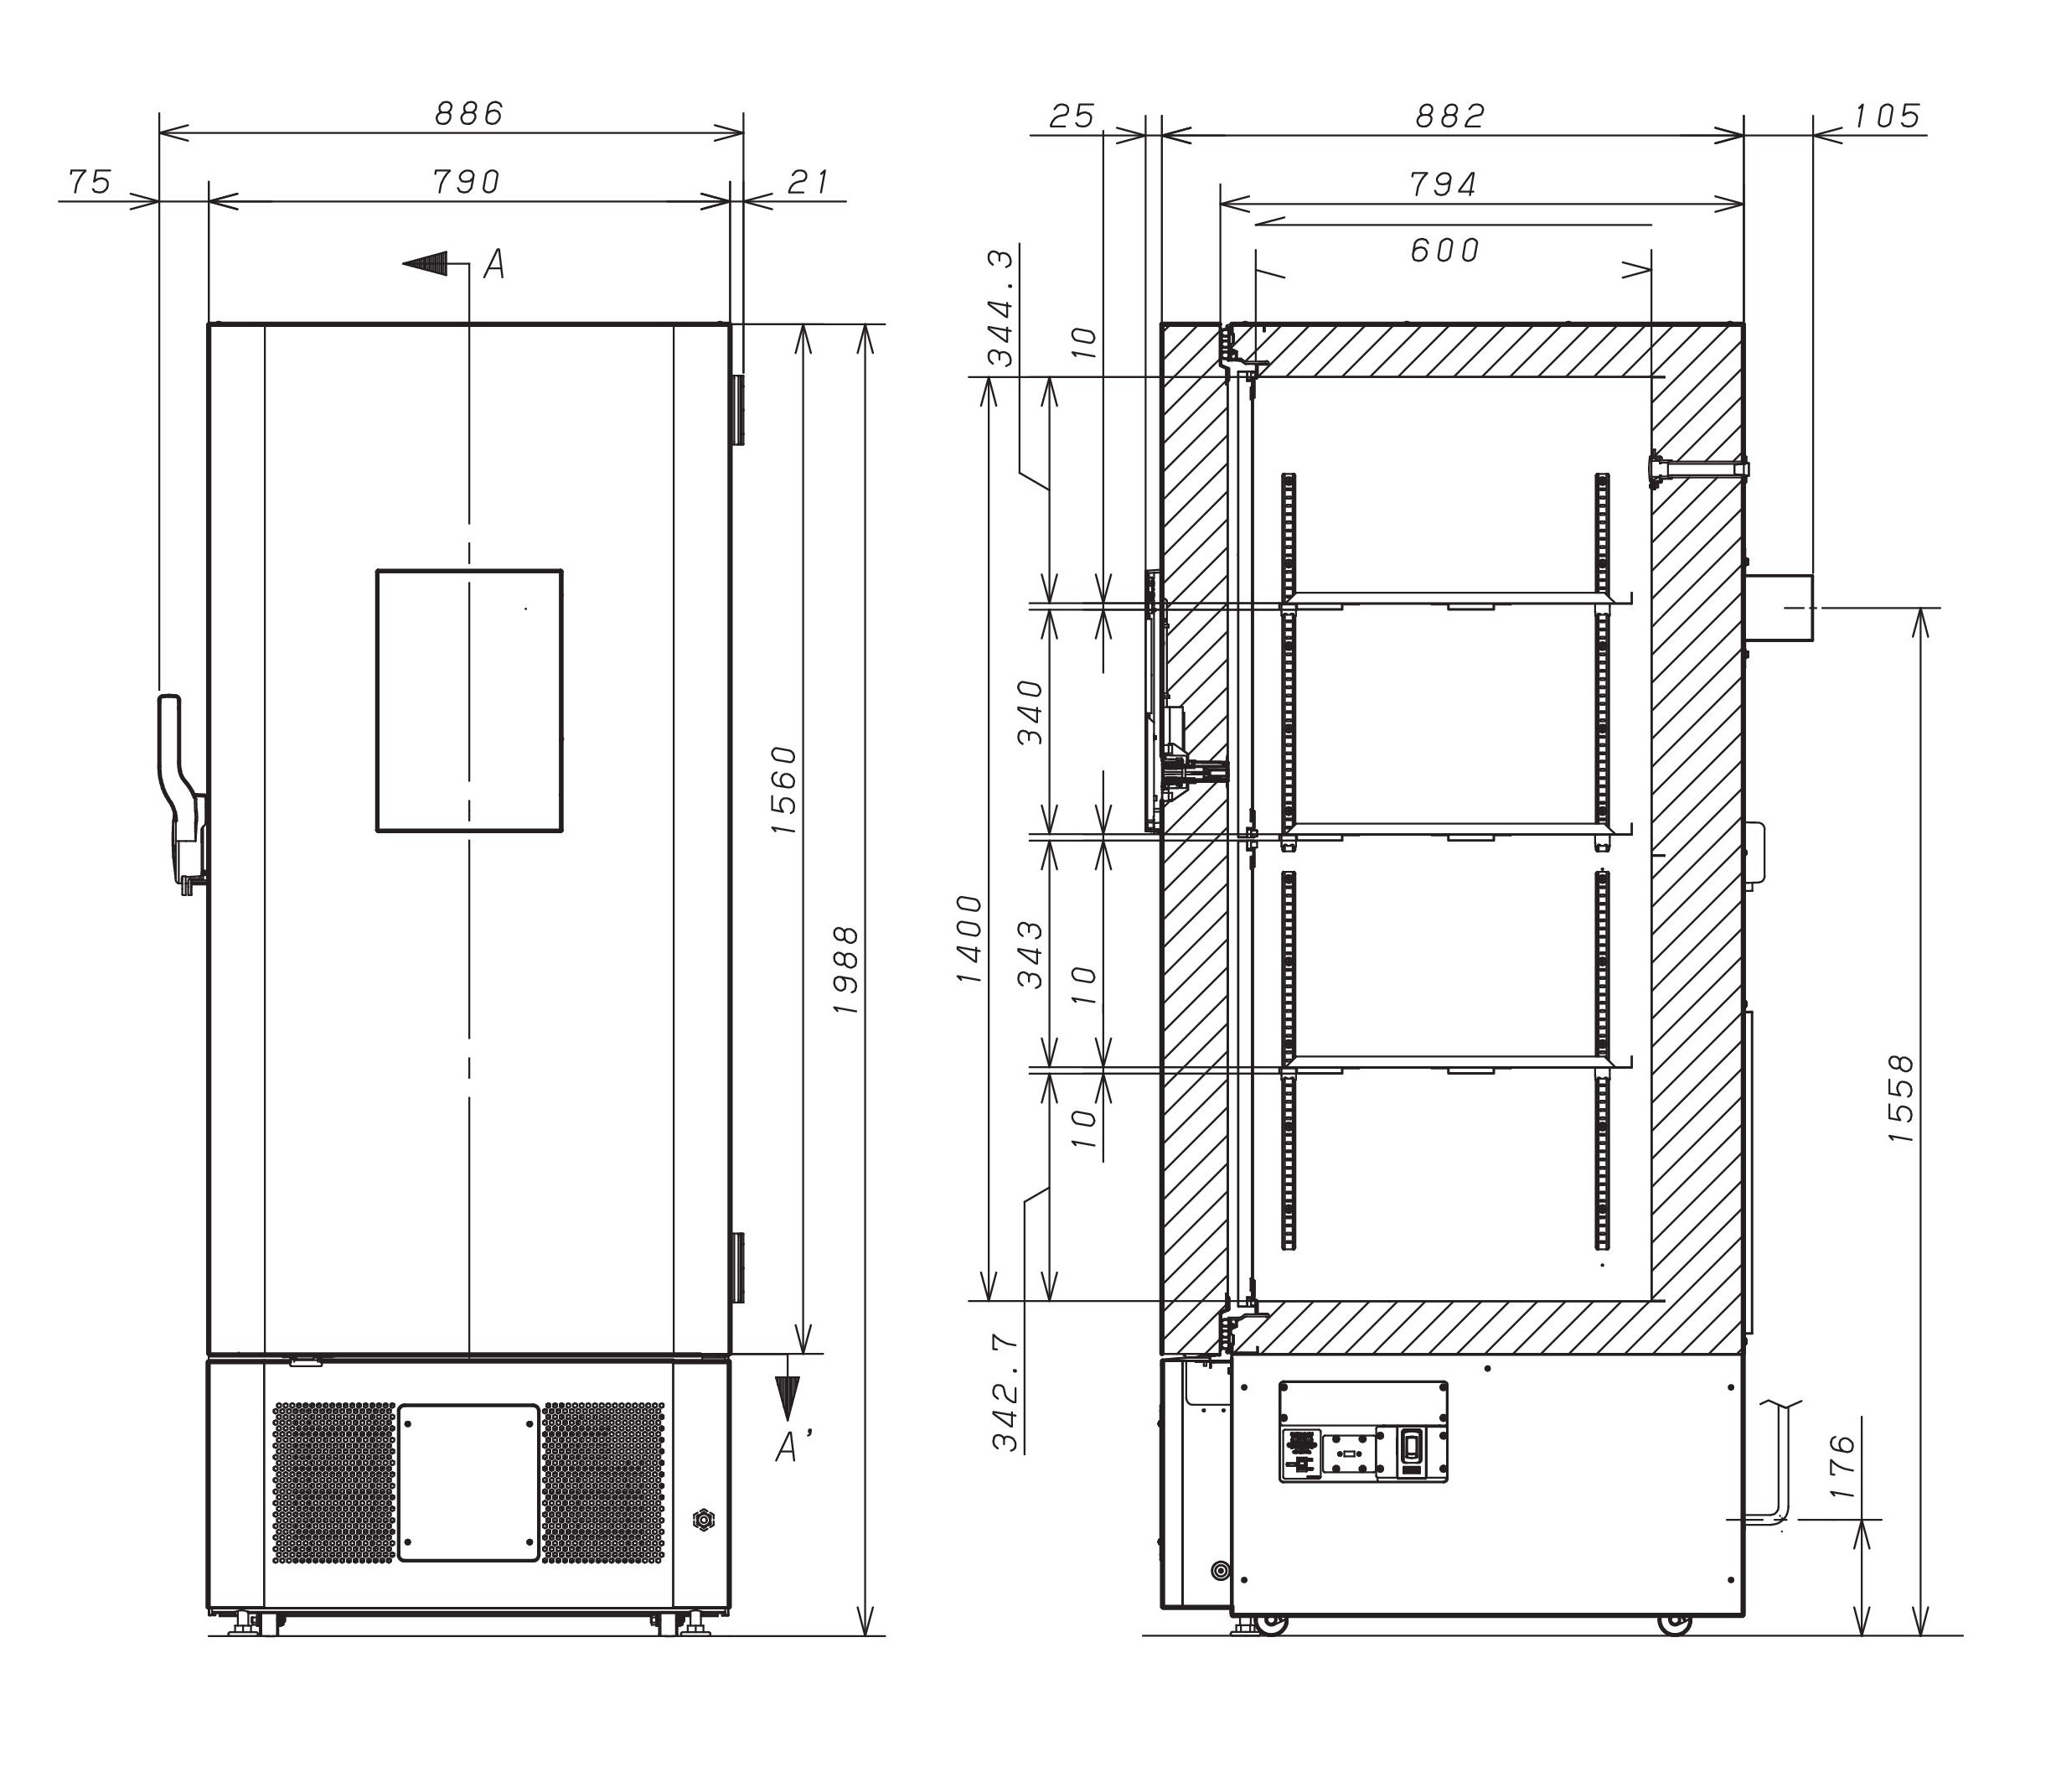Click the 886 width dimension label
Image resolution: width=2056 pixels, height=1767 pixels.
(469, 113)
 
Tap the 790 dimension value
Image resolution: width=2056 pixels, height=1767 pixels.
(467, 182)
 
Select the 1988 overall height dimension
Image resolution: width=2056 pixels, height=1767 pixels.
(845, 970)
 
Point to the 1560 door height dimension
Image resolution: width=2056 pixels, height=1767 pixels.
(784, 789)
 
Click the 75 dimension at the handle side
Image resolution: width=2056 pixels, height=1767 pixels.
(90, 183)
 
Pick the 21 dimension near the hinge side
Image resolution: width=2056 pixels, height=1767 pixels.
(808, 182)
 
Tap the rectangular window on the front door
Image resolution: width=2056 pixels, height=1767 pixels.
(469, 701)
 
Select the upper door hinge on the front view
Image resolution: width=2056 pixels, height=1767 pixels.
(738, 410)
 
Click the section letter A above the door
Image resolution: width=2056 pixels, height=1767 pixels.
(494, 264)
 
